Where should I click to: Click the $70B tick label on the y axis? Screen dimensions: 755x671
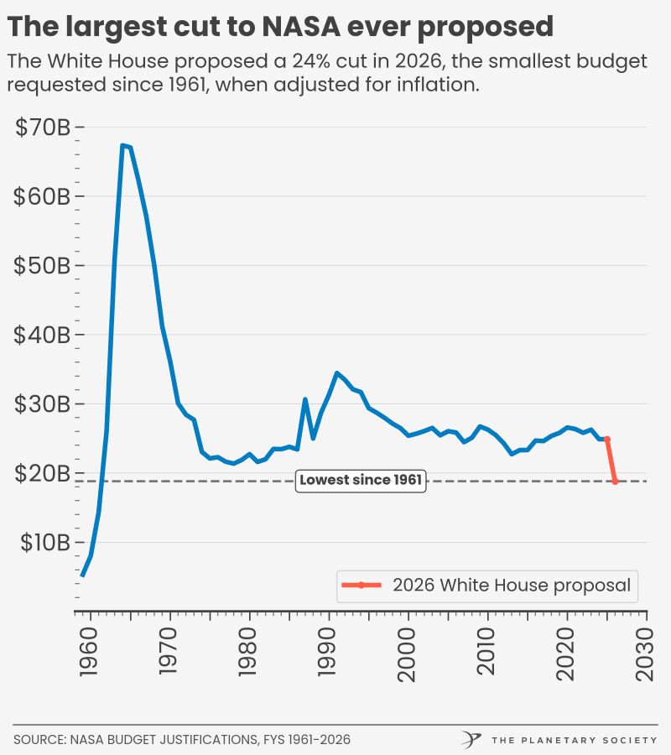click(x=43, y=128)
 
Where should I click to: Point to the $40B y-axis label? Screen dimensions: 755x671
click(x=43, y=335)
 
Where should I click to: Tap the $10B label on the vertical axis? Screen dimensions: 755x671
click(x=43, y=542)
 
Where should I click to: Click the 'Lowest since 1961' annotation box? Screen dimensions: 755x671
click(x=361, y=481)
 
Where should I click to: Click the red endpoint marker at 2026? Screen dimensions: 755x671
click(x=615, y=482)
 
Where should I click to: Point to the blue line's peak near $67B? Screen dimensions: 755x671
click(x=122, y=145)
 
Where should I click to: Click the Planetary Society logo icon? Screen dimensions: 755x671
click(x=471, y=739)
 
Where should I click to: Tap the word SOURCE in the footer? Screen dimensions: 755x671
click(x=39, y=740)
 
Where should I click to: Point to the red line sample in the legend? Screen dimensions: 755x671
click(x=362, y=585)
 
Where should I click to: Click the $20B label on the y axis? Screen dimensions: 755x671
click(x=43, y=473)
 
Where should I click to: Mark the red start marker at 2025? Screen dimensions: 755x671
click(x=606, y=439)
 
